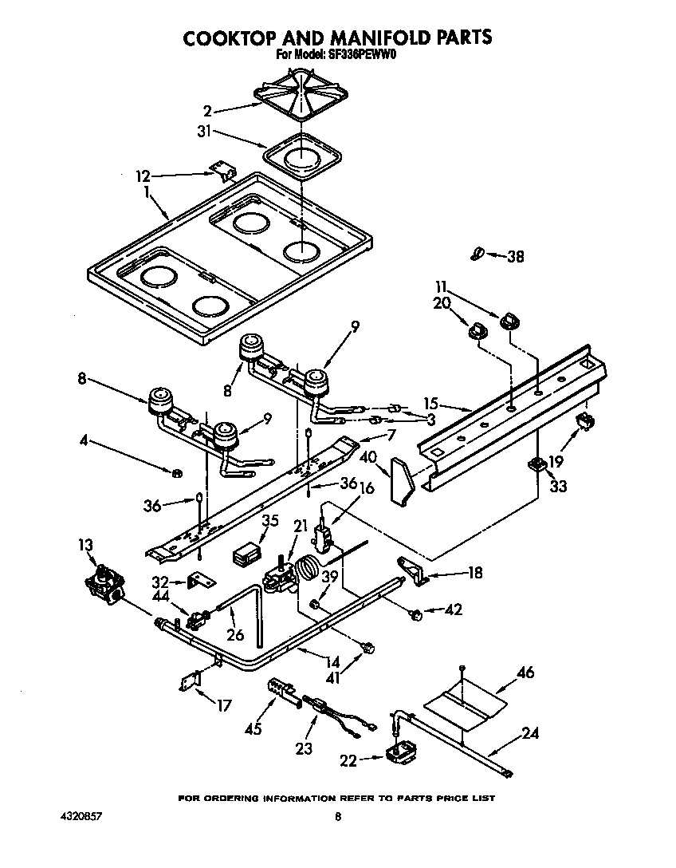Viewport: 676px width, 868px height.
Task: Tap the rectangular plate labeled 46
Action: tap(466, 700)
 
